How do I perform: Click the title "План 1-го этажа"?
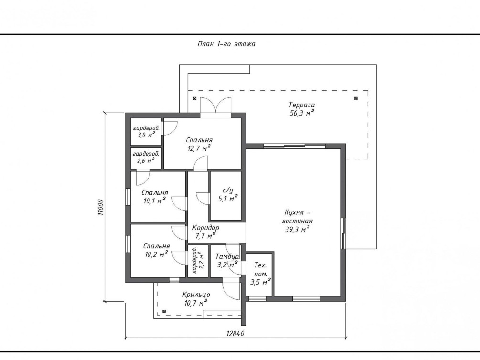[226, 44]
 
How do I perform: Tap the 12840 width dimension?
[235, 334]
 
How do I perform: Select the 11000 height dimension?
[101, 207]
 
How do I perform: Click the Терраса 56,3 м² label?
[302, 109]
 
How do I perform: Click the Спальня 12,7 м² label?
[199, 144]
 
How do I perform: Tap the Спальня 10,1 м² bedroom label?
[155, 197]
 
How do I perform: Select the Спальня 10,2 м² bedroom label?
[156, 250]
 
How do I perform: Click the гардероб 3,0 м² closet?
[146, 131]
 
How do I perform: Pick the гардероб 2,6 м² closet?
[146, 158]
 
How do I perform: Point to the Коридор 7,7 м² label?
[205, 232]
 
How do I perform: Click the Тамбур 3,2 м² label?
[227, 261]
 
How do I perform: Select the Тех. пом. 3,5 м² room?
[260, 274]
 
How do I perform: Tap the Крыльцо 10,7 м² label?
[196, 299]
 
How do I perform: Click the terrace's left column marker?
[195, 98]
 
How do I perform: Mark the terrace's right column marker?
[356, 98]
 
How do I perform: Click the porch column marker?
[164, 311]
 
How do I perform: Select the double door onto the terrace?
[215, 107]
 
